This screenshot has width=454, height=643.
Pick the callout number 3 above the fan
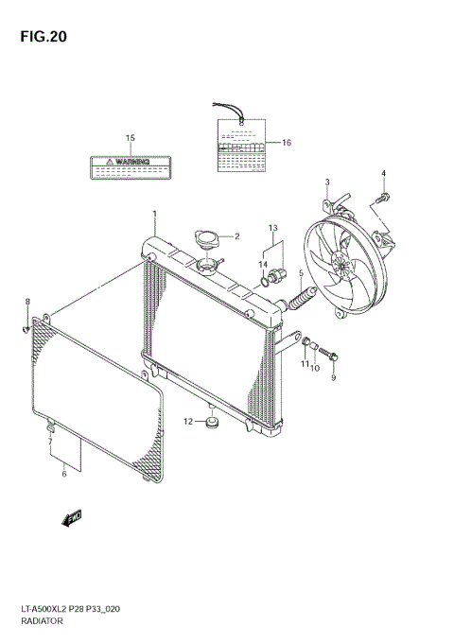click(327, 182)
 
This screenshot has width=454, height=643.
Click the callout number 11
click(305, 365)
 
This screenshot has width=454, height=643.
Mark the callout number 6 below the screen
click(64, 474)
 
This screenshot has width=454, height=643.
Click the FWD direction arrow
click(73, 517)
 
